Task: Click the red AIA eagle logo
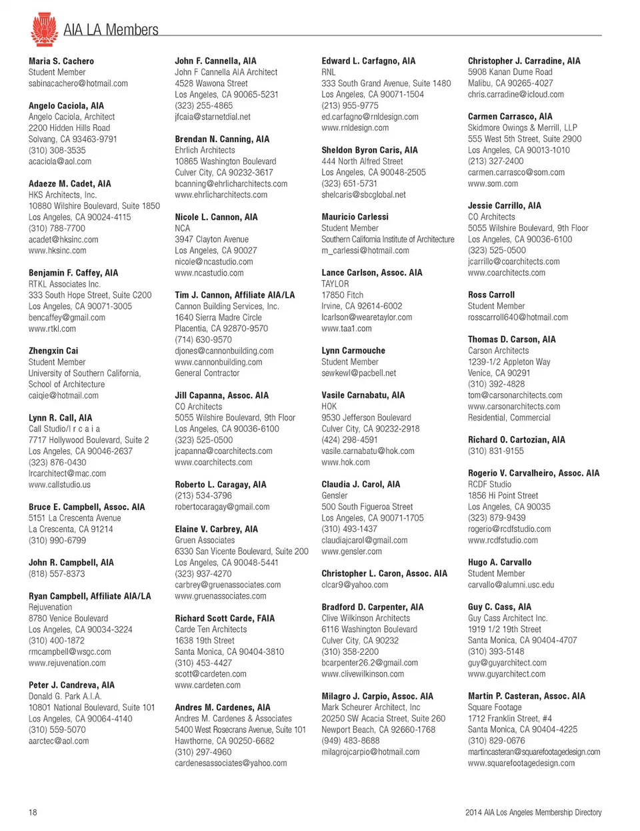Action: [43, 29]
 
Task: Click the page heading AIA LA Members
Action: [111, 30]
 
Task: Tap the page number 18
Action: [33, 812]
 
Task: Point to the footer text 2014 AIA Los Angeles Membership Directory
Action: [533, 812]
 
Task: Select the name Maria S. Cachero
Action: [61, 61]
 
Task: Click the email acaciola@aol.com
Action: [60, 162]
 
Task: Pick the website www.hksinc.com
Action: [57, 250]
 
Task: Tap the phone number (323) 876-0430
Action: [57, 462]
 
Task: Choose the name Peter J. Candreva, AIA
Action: [71, 685]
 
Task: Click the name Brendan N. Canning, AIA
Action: [222, 139]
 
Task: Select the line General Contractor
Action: [207, 373]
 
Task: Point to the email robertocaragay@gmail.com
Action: [222, 507]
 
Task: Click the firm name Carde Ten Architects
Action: [211, 629]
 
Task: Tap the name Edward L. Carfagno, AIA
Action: [368, 61]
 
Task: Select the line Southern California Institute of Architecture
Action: [388, 239]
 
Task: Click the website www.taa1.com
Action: [347, 328]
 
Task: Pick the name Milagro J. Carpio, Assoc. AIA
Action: [377, 696]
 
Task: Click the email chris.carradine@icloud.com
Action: [516, 94]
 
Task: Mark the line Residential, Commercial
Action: [509, 417]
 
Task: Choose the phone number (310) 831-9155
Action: [496, 451]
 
